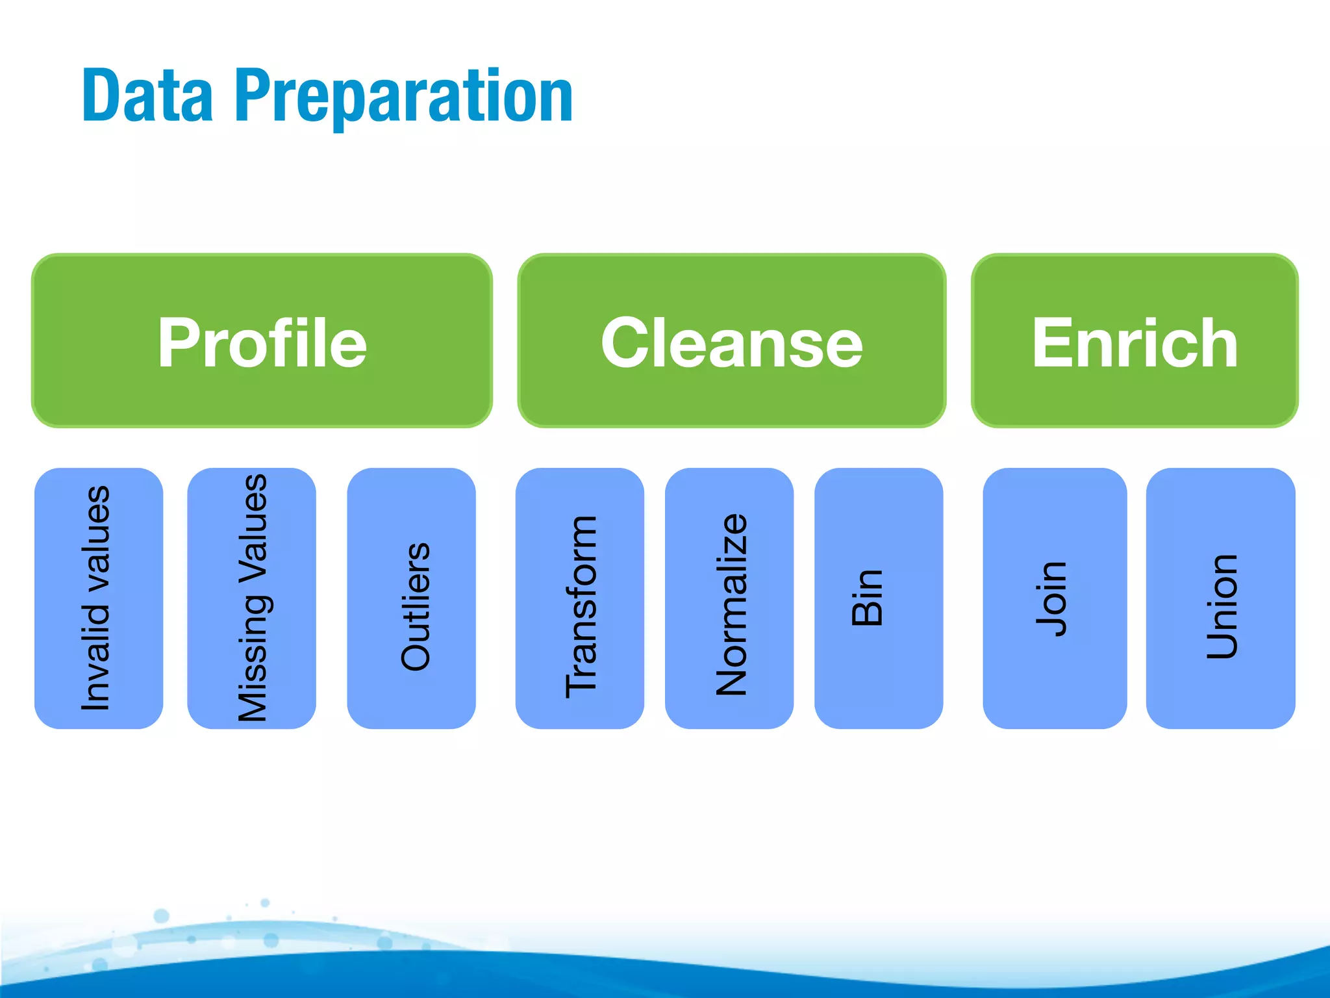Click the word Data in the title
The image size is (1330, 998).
147,96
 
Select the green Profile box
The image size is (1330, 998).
262,340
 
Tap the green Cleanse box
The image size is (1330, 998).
731,340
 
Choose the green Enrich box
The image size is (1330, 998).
1135,340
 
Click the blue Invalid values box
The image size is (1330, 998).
98,598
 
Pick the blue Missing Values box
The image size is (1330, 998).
251,598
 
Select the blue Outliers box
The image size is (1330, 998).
411,598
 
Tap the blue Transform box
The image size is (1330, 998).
579,598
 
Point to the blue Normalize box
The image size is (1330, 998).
729,598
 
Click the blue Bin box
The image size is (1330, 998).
878,598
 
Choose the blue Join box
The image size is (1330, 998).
1055,598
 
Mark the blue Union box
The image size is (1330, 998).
1220,598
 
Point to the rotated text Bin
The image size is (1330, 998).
867,598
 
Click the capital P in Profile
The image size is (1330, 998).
177,342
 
